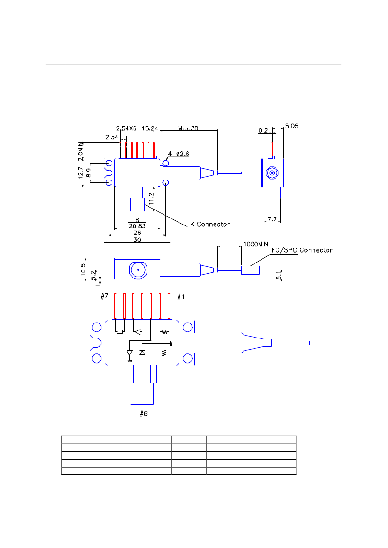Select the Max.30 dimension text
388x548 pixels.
188,128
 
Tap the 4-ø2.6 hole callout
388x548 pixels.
179,153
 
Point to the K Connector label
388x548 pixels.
209,224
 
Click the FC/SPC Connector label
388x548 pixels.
302,250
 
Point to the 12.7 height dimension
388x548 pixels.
81,173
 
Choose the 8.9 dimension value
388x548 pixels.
88,172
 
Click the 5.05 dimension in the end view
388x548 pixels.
291,126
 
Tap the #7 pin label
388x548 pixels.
104,296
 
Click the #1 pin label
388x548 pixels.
181,296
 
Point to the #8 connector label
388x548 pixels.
144,413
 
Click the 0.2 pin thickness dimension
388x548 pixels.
263,131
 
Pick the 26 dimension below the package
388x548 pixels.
136,233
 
